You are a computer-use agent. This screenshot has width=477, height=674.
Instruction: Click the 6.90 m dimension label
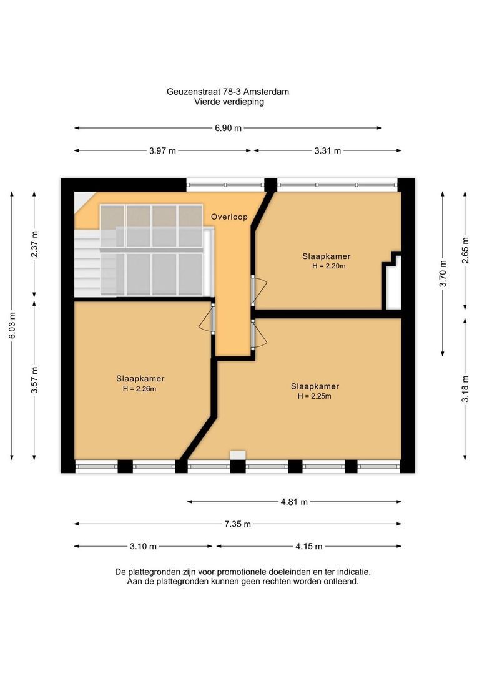click(228, 128)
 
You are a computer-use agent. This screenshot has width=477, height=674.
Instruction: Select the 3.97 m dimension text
click(162, 151)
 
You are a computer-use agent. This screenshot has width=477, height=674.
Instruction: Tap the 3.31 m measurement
click(328, 151)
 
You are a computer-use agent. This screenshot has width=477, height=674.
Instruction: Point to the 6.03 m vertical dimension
click(12, 325)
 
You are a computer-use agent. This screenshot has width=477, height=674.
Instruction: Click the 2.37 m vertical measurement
click(35, 244)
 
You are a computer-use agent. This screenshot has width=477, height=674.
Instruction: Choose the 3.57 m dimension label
click(35, 380)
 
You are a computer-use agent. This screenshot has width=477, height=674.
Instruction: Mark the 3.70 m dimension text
click(443, 274)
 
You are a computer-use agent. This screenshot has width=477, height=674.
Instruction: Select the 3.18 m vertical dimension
click(465, 389)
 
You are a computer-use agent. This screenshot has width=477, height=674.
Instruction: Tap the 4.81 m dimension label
click(294, 502)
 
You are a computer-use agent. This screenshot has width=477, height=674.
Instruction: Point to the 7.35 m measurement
click(237, 524)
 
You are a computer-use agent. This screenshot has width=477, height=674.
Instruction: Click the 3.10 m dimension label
click(143, 546)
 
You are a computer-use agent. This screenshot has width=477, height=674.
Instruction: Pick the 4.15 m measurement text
click(309, 546)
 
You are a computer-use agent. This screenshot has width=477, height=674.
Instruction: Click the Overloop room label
click(229, 217)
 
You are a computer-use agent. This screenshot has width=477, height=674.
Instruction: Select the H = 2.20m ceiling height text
click(329, 266)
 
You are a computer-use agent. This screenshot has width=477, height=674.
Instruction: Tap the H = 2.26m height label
click(139, 389)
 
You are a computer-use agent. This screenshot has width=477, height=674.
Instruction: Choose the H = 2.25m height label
click(315, 396)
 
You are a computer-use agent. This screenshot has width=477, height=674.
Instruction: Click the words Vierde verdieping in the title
click(229, 102)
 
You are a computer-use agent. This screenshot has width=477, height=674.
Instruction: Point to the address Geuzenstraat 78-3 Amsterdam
click(228, 92)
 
